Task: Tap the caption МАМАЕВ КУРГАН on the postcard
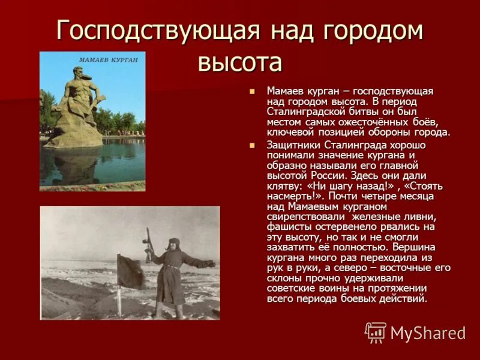pyautogui.click(x=108, y=60)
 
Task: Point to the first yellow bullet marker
pyautogui.click(x=252, y=91)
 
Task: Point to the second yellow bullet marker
pyautogui.click(x=252, y=145)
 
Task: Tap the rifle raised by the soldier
pyautogui.click(x=148, y=243)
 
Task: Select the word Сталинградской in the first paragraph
pyautogui.click(x=299, y=111)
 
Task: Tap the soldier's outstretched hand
pyautogui.click(x=209, y=263)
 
